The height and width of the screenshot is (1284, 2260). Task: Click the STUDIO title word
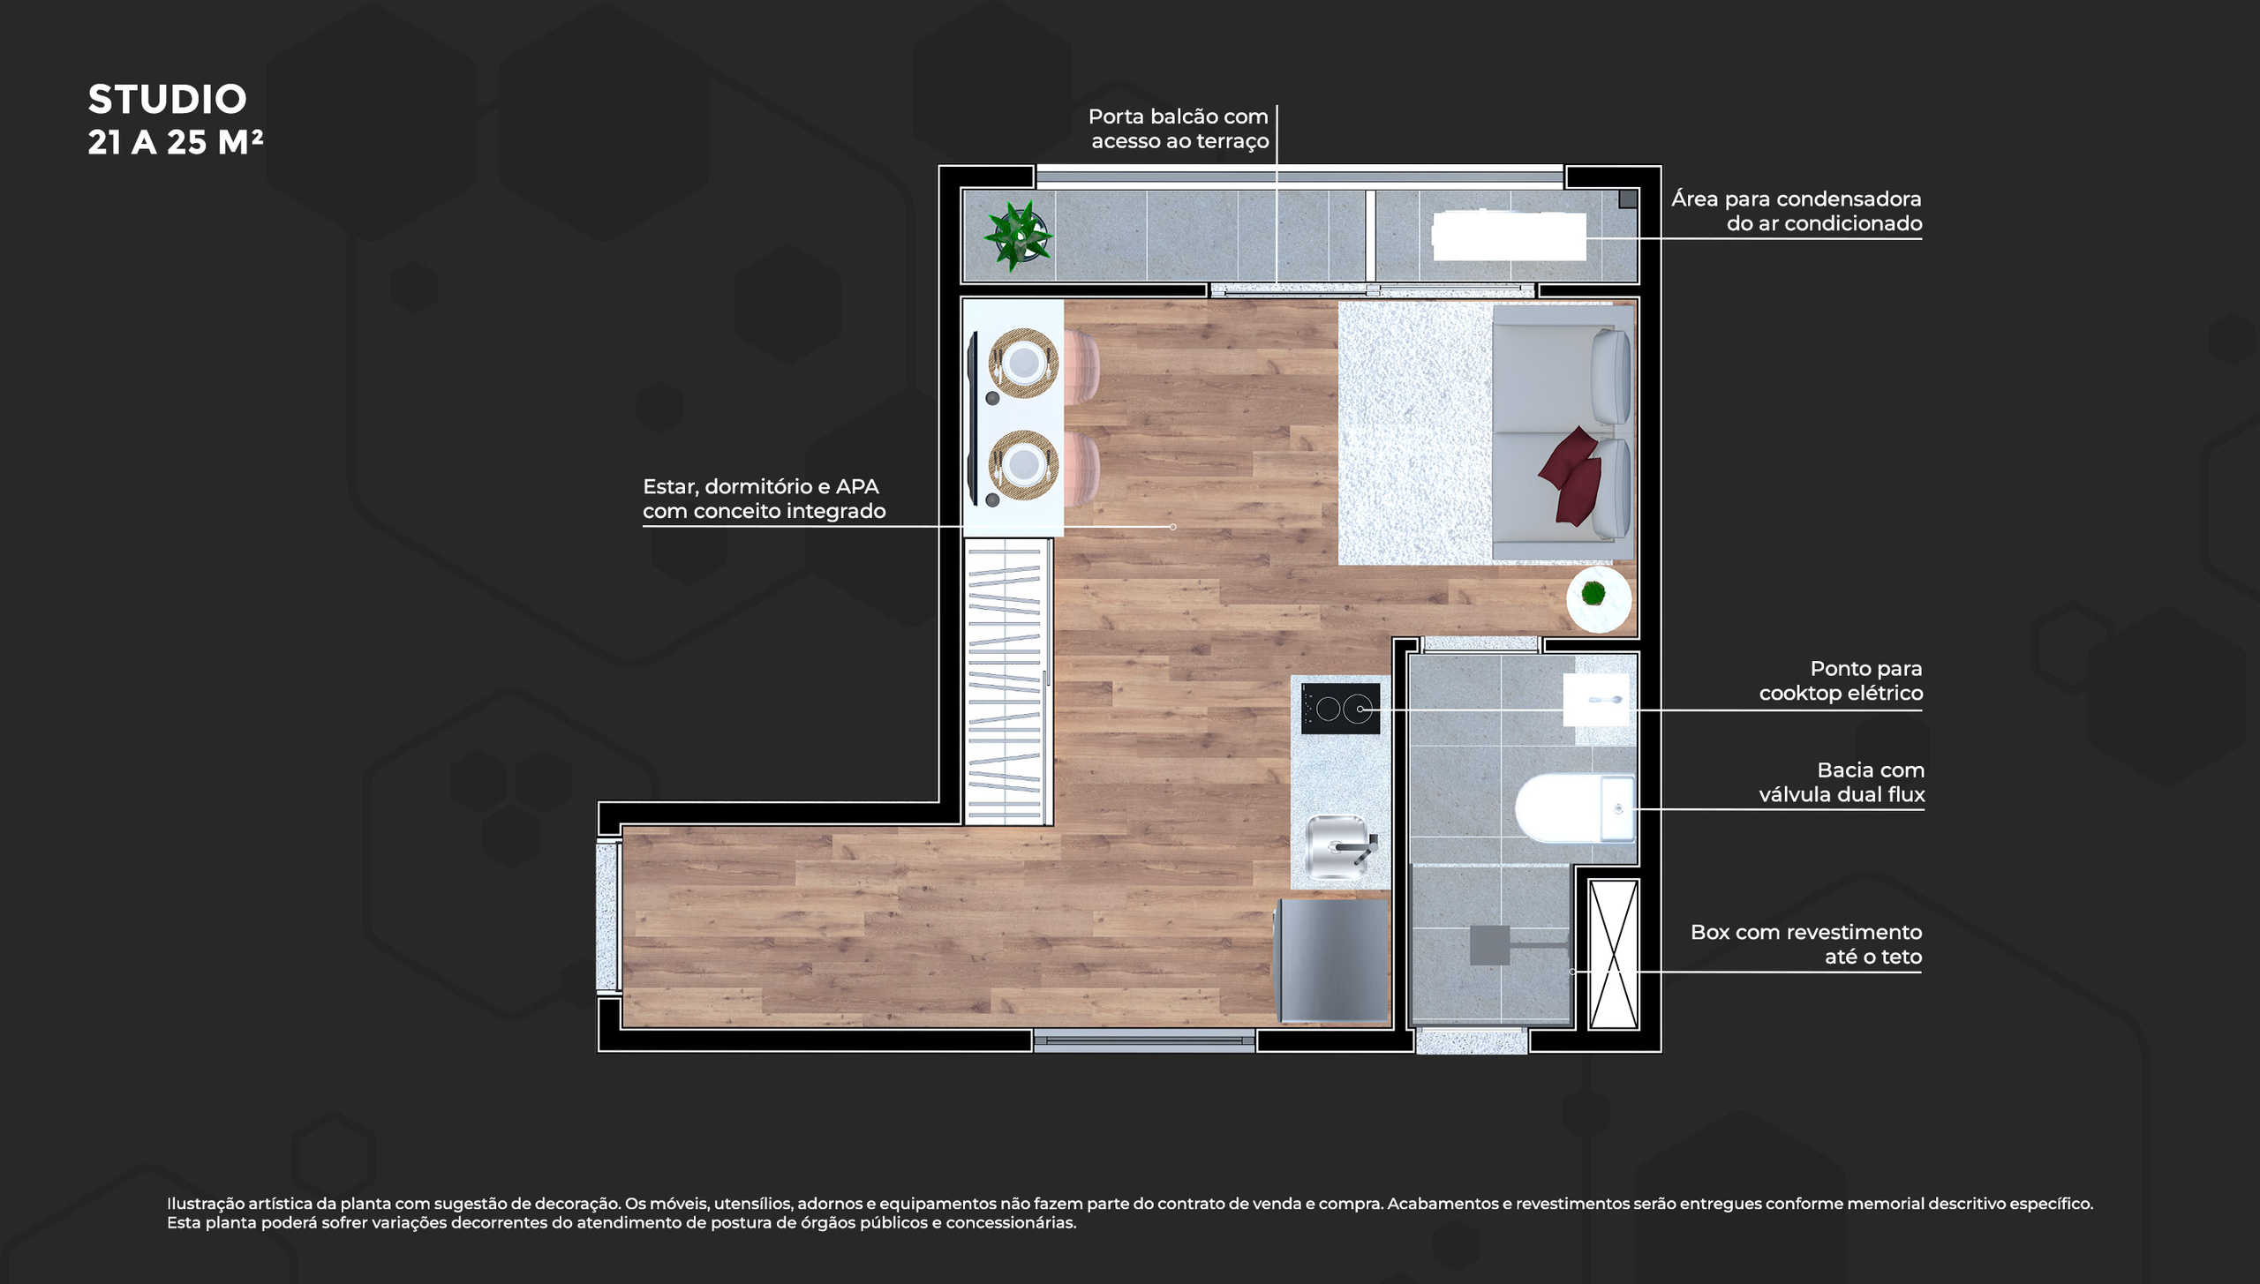pos(167,100)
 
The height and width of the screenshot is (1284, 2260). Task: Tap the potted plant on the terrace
pos(1019,236)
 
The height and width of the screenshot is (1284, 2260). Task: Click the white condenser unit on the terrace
pos(1509,236)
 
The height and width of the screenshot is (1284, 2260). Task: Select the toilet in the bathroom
pos(1575,808)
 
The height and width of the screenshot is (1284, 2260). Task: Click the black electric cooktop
pos(1340,709)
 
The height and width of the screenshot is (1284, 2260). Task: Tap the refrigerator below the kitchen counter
pos(1333,960)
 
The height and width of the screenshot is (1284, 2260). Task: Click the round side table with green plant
pos(1599,599)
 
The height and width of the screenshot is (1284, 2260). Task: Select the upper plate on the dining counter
pos(1024,363)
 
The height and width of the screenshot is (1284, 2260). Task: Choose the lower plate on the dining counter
pos(1024,464)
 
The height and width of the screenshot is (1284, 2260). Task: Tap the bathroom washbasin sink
pos(1596,700)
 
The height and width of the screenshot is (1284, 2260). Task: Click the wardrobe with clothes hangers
pos(1006,682)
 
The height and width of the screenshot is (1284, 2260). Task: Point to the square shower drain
pos(1490,944)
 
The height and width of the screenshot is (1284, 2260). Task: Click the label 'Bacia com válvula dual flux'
pos(1842,782)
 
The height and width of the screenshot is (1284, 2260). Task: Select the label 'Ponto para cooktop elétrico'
pos(1841,680)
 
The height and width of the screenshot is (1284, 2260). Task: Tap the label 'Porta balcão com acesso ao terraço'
pos(1179,129)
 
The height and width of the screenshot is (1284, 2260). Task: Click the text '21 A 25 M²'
pos(176,142)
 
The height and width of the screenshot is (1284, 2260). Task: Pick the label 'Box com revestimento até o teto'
pos(1806,944)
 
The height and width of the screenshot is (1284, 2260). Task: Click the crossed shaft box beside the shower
pos(1614,954)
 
